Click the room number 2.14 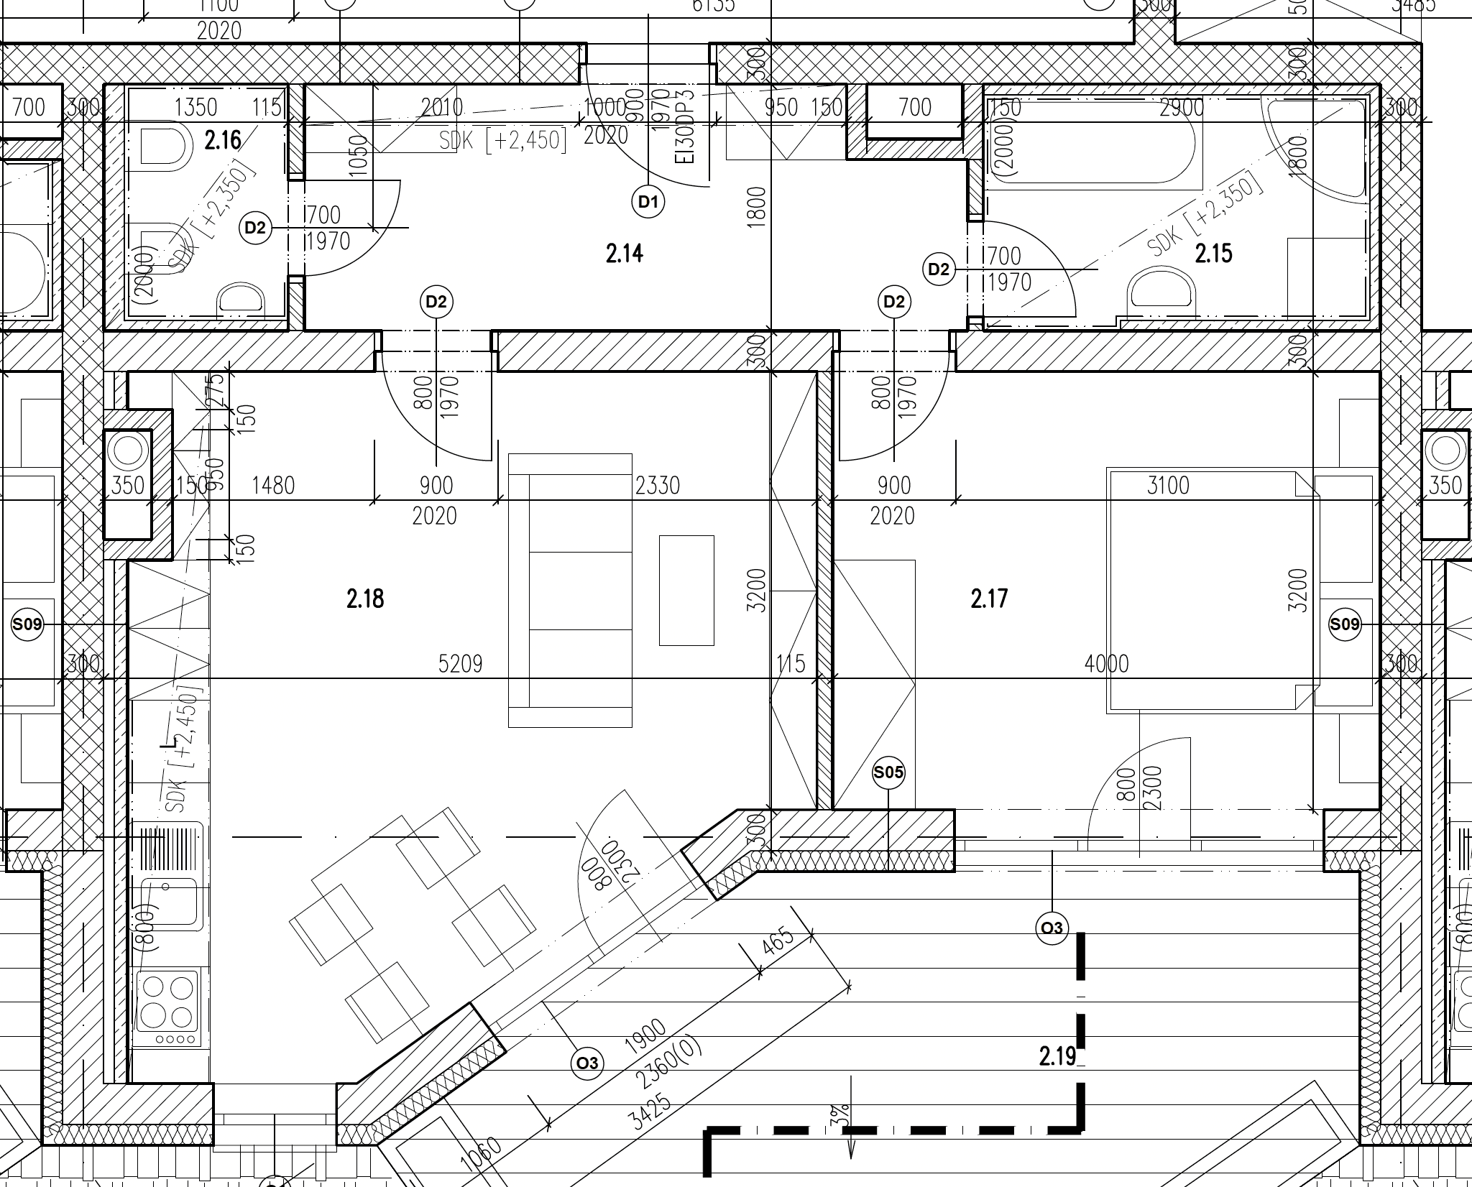624,254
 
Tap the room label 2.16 223,140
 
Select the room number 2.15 1213,254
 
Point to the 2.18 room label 365,599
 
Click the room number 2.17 989,599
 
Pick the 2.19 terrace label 1057,1056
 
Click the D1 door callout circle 648,202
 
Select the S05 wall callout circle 888,773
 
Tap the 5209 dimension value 460,664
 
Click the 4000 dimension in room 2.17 1106,664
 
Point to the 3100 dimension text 1168,486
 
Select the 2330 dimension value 658,486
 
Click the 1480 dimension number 273,486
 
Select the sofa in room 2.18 570,590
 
